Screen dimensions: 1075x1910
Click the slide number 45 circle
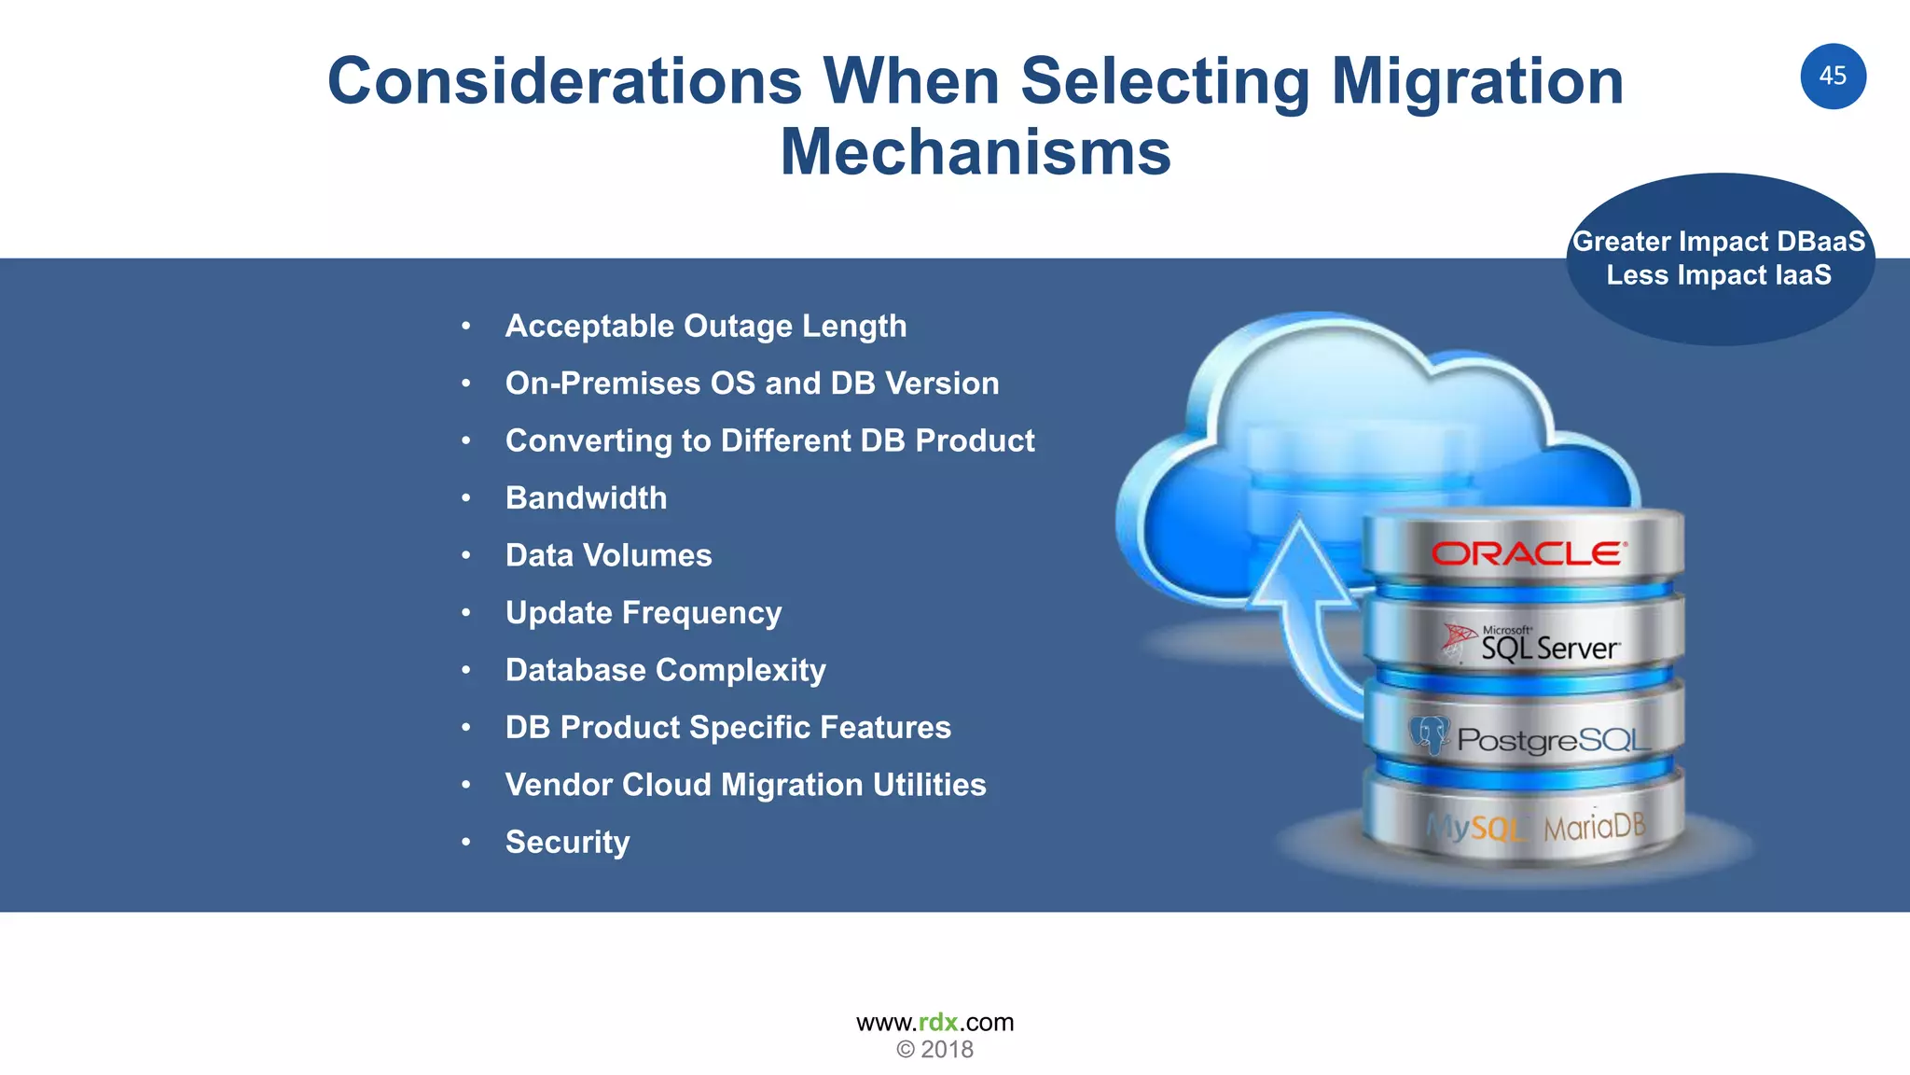pos(1833,77)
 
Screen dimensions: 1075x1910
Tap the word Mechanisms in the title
pos(976,152)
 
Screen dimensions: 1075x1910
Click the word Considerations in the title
pos(564,81)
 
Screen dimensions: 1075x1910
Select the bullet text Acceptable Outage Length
pos(705,326)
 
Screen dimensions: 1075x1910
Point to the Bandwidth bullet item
pos(586,497)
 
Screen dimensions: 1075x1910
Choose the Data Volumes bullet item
pos(608,555)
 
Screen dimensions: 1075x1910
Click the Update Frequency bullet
pos(644,612)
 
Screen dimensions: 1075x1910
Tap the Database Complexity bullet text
pos(665,670)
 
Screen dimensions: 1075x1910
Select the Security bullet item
pos(567,842)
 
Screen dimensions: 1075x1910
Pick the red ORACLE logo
pos(1529,554)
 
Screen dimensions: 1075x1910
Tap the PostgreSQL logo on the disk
pos(1552,740)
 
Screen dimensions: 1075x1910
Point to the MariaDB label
pos(1594,827)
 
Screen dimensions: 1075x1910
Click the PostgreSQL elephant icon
pos(1428,735)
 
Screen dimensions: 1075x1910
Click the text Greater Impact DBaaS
pos(1719,241)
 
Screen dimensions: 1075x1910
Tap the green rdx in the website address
pos(938,1022)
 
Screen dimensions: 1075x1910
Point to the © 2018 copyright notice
pos(934,1050)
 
